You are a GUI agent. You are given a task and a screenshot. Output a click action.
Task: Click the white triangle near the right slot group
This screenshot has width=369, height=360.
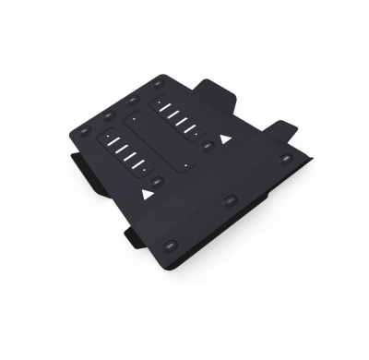coord(225,138)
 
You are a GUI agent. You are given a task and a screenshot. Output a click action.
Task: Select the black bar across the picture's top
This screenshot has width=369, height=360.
coord(184,24)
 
